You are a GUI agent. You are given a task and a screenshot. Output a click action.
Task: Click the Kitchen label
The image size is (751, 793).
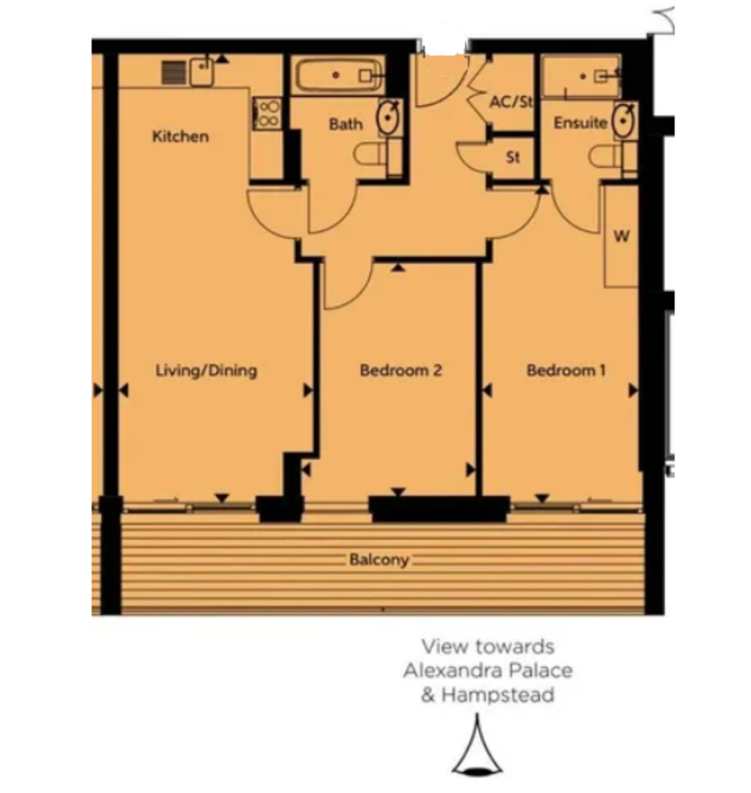180,137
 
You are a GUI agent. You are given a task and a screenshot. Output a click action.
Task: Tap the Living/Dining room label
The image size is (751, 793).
206,371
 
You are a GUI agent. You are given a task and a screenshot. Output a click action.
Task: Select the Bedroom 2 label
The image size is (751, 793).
401,371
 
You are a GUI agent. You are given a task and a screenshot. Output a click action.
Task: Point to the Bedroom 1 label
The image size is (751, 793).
566,371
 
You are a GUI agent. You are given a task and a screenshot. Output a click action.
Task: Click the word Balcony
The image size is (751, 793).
379,560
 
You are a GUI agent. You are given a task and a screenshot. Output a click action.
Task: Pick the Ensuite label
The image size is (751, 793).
580,123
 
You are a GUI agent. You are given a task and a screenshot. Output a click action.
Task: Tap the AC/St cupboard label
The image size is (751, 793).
511,102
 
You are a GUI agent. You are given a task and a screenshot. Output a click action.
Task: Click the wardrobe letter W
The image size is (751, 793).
621,236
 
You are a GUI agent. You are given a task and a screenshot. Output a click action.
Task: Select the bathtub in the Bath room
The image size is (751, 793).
338,75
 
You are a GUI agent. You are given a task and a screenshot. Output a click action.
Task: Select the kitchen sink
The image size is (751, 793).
201,72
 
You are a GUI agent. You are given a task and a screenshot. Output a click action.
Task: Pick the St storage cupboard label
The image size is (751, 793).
513,157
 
